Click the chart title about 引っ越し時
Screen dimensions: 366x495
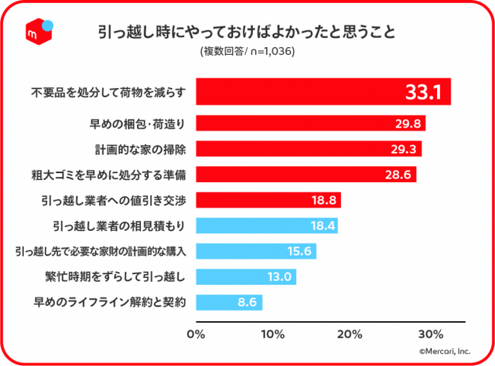pos(247,32)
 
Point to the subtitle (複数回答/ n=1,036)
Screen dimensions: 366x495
pos(247,53)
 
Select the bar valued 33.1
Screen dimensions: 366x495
pos(323,93)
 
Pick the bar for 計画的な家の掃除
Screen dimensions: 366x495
pos(309,149)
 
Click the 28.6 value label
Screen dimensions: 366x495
pos(398,175)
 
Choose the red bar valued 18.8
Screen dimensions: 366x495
pos(268,200)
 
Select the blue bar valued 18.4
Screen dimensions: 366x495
pos(267,225)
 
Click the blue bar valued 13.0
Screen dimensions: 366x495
pos(246,276)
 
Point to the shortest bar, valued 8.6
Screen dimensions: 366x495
pos(229,302)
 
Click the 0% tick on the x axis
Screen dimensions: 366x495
pos(196,334)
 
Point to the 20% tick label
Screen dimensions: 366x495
pos(350,334)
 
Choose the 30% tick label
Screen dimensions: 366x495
pos(430,334)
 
